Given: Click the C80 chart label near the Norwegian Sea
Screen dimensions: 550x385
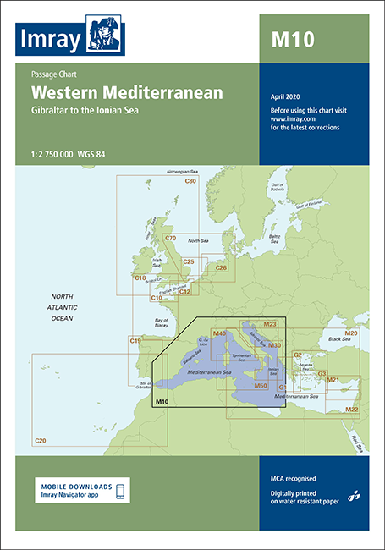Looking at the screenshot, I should click(x=190, y=181).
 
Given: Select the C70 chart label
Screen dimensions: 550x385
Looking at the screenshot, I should click(x=170, y=239).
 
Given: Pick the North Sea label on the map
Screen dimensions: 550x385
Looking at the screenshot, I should click(x=198, y=241).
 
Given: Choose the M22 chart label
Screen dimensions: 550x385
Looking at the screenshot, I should click(x=352, y=410).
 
